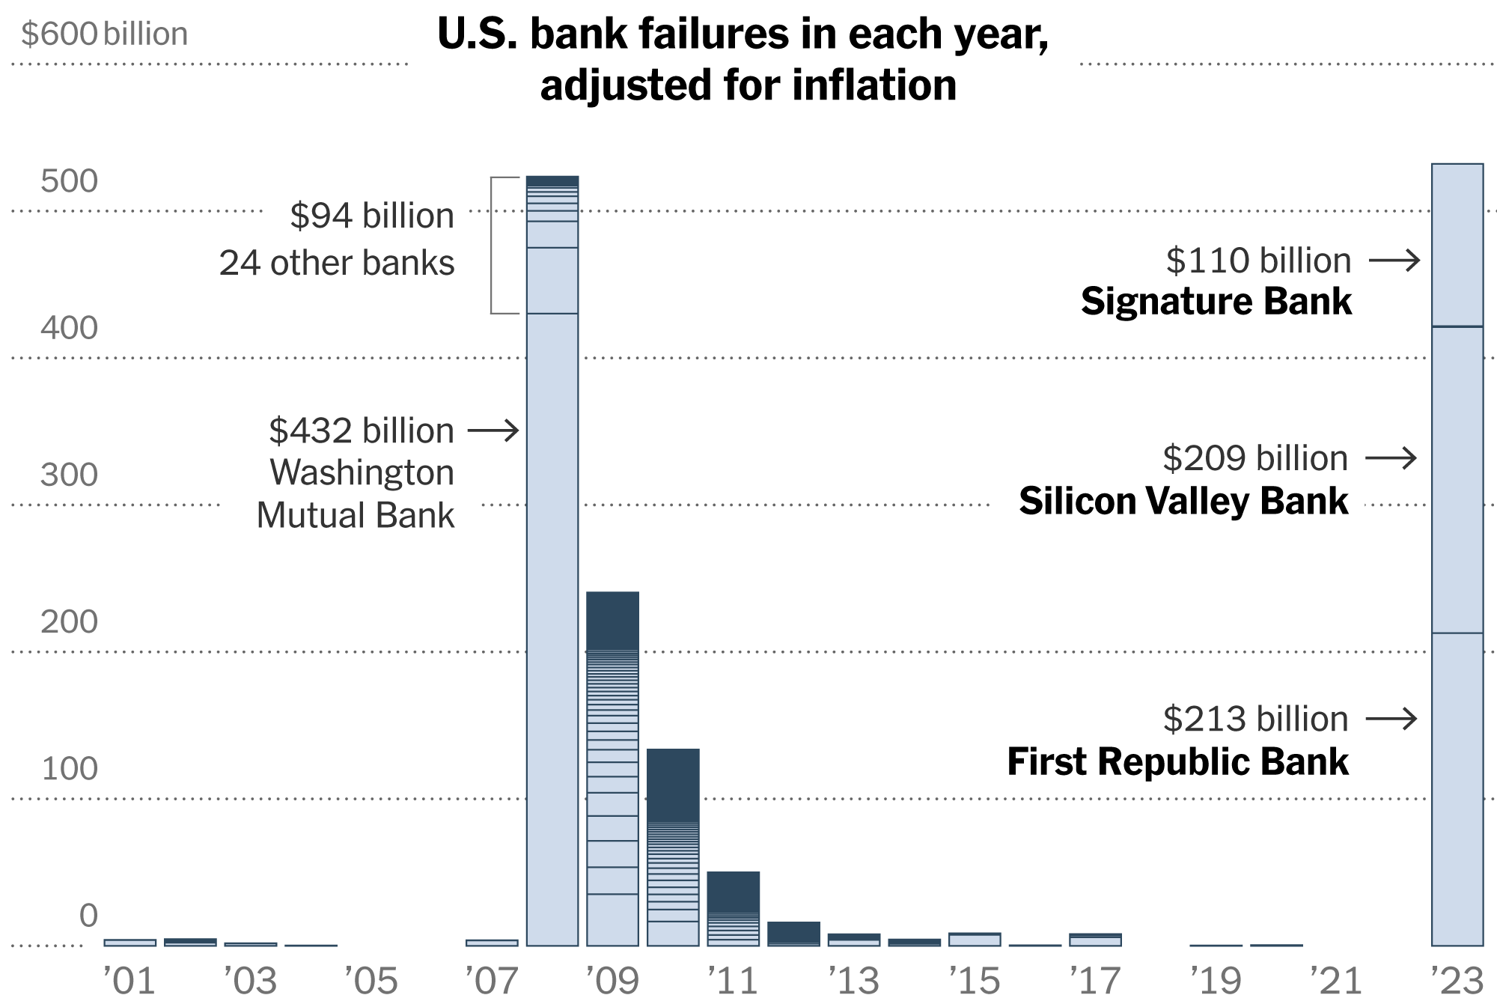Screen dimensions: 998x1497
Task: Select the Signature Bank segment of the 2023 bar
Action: pyautogui.click(x=1457, y=245)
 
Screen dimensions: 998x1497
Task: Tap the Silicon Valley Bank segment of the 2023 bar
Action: pyautogui.click(x=1457, y=479)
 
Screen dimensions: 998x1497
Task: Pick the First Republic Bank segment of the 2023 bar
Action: pyautogui.click(x=1457, y=789)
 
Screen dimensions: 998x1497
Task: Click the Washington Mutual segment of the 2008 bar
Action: pyautogui.click(x=552, y=629)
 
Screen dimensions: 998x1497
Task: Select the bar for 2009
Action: pyautogui.click(x=612, y=769)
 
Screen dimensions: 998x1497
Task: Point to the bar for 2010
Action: pyautogui.click(x=673, y=847)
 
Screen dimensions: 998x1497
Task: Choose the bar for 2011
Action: pyautogui.click(x=733, y=908)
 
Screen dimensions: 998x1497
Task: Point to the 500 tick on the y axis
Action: pyautogui.click(x=69, y=181)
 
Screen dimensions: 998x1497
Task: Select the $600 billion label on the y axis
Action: pyautogui.click(x=104, y=34)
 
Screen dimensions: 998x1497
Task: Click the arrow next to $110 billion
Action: pyautogui.click(x=1394, y=261)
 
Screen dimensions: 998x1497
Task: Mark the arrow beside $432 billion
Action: pyautogui.click(x=493, y=430)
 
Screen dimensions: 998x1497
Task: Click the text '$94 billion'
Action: pyautogui.click(x=372, y=216)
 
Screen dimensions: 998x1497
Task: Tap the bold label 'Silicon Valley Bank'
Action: pyautogui.click(x=1183, y=501)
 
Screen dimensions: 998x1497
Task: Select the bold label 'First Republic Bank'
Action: pyautogui.click(x=1177, y=761)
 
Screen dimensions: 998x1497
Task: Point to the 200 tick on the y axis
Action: pyautogui.click(x=69, y=621)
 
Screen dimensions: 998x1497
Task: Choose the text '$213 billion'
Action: pyautogui.click(x=1255, y=719)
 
